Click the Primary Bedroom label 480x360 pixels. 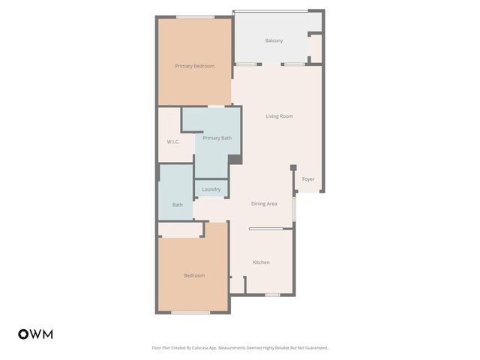[194, 66]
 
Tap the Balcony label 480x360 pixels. [274, 40]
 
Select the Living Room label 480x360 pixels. [279, 116]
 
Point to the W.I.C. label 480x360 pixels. [172, 142]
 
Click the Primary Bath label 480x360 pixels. [217, 138]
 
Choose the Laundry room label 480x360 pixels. [211, 189]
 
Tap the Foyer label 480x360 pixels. [308, 179]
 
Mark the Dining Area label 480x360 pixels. [264, 203]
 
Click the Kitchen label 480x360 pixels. [261, 262]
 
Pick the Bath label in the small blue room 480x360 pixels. [178, 205]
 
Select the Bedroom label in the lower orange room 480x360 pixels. [194, 275]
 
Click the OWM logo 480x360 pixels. [35, 334]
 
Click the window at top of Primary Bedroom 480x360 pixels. [195, 16]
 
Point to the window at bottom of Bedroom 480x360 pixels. [190, 312]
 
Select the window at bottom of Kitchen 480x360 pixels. [272, 295]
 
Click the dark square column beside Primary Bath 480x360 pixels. [235, 159]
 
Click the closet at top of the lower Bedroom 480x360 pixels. [180, 230]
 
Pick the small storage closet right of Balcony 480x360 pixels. [316, 48]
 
